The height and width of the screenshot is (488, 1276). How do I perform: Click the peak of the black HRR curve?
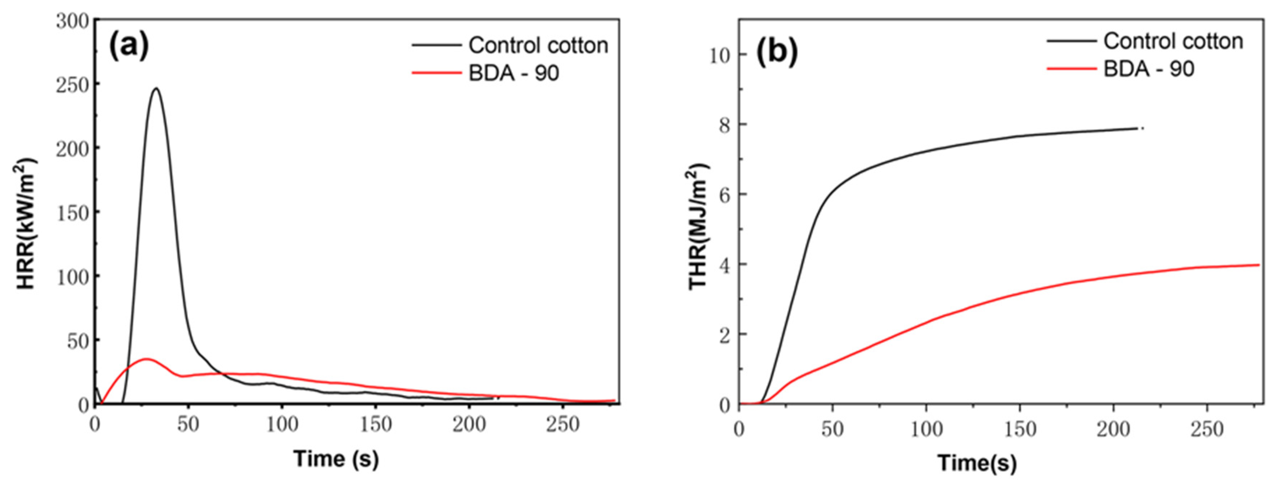(x=156, y=89)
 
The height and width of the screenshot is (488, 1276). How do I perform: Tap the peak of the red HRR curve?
(x=146, y=359)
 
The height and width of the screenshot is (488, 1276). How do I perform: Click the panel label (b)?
(x=777, y=52)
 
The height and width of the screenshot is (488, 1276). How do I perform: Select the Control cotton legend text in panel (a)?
(x=538, y=45)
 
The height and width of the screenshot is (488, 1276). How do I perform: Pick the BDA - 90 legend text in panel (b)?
(x=1148, y=69)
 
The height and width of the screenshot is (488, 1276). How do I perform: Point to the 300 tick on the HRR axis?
(x=72, y=21)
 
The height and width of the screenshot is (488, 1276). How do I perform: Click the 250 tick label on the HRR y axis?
(x=72, y=85)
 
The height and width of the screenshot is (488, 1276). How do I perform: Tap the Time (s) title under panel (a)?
(x=336, y=458)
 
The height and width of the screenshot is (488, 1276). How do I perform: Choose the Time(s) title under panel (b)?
(x=977, y=463)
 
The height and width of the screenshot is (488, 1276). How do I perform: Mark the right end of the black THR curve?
(x=1138, y=128)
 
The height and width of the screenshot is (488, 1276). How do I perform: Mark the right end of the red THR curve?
(x=1259, y=265)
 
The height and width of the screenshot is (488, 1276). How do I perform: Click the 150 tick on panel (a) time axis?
(x=375, y=425)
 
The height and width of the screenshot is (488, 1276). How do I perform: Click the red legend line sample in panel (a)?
(x=436, y=73)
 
